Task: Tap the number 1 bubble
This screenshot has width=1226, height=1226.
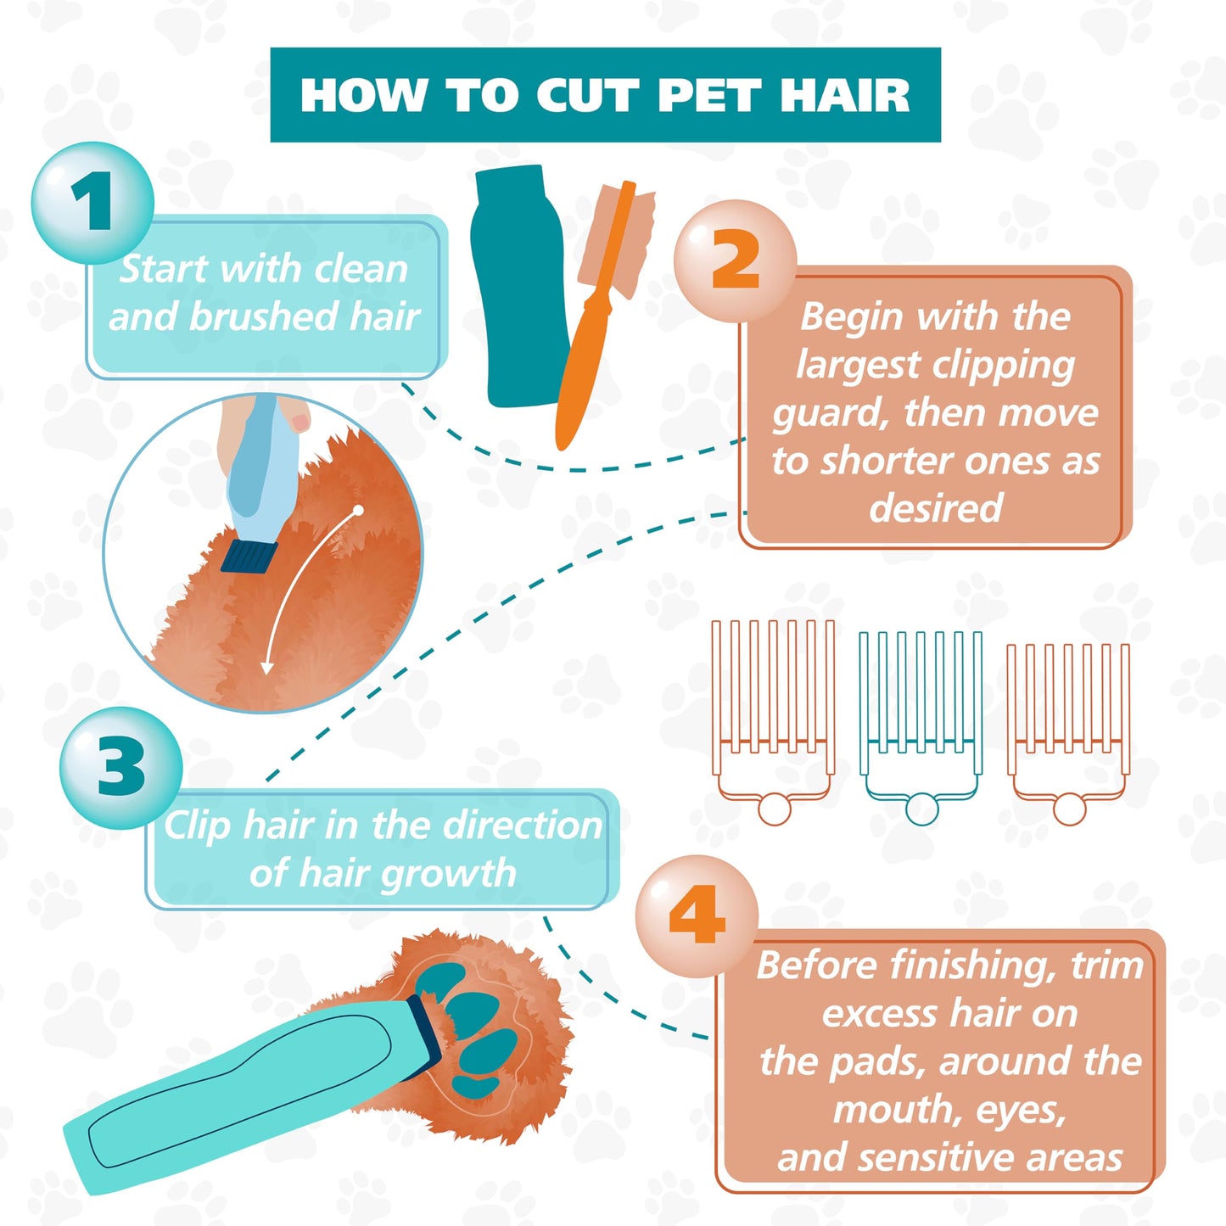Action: (92, 203)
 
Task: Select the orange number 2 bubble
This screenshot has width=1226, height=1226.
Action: (735, 260)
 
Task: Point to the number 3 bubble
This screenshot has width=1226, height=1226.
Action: (120, 767)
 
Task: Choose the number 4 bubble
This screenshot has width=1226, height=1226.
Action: (697, 915)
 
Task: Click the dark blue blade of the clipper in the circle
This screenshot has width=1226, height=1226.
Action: (249, 556)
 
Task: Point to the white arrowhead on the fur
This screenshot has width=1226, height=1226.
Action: (267, 668)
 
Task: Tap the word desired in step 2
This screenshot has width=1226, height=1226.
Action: (935, 508)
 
